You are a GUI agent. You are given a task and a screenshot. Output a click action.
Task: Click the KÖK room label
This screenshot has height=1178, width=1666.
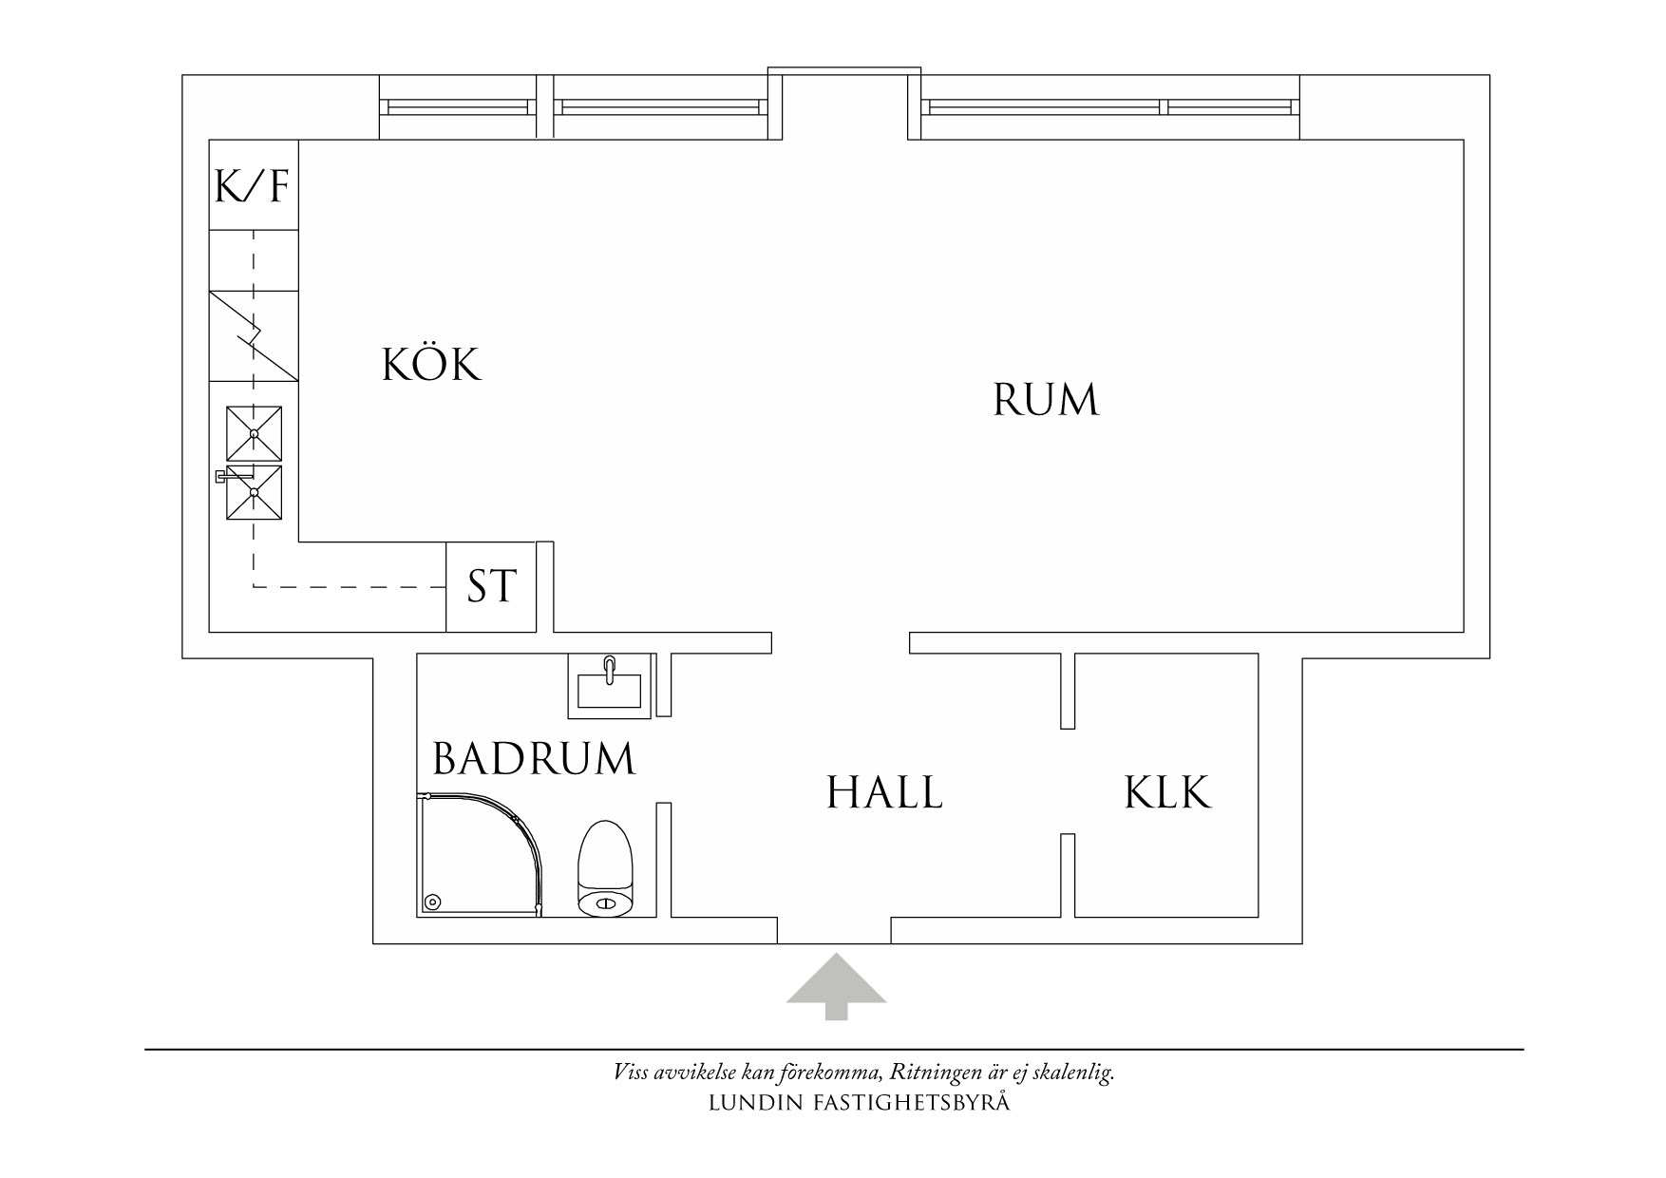coord(432,365)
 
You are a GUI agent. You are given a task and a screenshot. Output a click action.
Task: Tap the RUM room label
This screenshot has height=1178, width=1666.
coord(1046,400)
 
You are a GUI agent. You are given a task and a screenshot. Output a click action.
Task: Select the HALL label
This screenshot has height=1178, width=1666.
coord(884,793)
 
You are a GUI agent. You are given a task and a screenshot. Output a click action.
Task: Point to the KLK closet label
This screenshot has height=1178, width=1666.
coord(1167,793)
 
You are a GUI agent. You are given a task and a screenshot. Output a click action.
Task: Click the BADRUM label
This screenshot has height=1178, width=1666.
coord(533,760)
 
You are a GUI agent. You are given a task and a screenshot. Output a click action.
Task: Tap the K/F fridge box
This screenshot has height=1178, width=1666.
coord(253,185)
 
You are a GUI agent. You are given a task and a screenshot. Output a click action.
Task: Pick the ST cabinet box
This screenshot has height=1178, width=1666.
coord(490,587)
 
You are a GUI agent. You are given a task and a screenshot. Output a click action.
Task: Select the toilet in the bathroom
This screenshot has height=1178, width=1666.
coord(605,869)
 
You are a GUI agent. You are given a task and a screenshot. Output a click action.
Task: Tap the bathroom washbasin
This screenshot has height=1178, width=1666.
coord(610,685)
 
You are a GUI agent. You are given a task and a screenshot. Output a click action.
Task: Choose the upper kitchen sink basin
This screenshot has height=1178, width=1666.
coord(255,433)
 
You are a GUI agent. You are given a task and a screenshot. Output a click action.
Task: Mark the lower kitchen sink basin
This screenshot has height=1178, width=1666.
coord(255,492)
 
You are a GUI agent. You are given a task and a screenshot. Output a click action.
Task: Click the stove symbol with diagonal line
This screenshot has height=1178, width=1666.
coord(254,335)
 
